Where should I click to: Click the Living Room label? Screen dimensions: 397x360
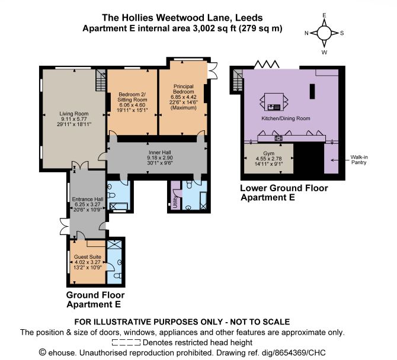(x=74, y=114)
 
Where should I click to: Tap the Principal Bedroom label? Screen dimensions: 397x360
(x=183, y=89)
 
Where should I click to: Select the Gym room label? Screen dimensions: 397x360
(x=268, y=153)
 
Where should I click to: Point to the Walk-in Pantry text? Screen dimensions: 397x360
(x=359, y=160)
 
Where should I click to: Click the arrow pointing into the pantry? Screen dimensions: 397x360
(x=339, y=160)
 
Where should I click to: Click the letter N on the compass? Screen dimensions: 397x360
(x=306, y=33)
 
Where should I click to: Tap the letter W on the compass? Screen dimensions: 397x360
(x=324, y=52)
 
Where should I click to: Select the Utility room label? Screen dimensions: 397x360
(x=175, y=201)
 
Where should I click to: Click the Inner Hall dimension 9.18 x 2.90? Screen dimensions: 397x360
(x=160, y=157)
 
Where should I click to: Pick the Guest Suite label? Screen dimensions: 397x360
(x=88, y=257)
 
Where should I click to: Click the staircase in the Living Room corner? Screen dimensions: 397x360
(x=101, y=80)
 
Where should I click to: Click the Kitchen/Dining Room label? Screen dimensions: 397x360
(x=286, y=118)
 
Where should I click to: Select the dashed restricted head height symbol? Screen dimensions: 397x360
(x=126, y=343)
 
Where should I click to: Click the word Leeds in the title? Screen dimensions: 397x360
(x=249, y=18)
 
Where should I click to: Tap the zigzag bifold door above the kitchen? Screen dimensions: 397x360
(x=267, y=65)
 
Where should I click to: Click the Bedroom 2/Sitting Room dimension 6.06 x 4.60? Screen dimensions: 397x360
(x=132, y=105)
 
